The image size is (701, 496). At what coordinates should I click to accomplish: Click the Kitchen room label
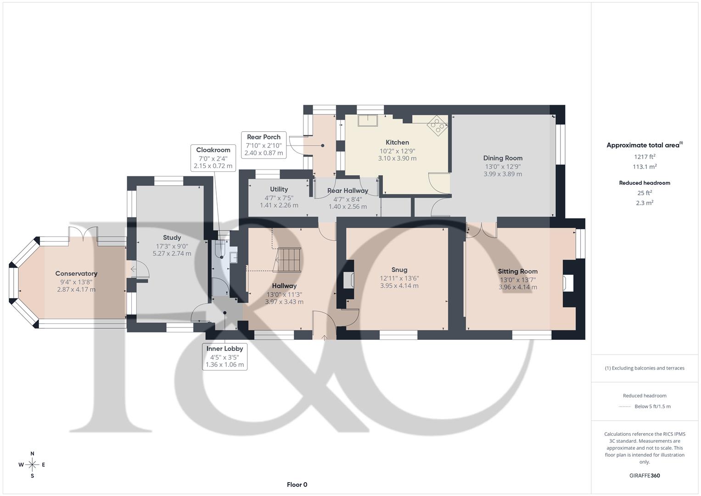point(397,142)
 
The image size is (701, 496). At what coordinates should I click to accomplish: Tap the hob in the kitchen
point(437,125)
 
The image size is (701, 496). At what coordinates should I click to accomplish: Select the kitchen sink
point(368,120)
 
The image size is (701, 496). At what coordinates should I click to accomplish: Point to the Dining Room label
point(503,158)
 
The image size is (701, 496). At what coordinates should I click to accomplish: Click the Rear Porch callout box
point(264,145)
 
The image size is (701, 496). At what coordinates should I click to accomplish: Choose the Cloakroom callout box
point(213,158)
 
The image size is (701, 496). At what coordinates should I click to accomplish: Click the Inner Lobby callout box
point(224,357)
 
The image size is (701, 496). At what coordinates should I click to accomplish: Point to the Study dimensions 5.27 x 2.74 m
point(172,254)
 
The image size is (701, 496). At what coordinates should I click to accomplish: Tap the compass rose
point(32,465)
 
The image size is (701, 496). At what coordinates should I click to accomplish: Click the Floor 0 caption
point(297,485)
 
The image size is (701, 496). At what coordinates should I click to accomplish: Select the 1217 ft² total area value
point(645,157)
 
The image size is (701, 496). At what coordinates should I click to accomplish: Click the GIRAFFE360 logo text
point(645,476)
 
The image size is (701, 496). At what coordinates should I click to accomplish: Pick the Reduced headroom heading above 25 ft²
point(645,183)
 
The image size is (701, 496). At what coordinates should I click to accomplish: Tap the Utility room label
point(279,189)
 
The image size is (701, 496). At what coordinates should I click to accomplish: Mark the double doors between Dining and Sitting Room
point(482,230)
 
